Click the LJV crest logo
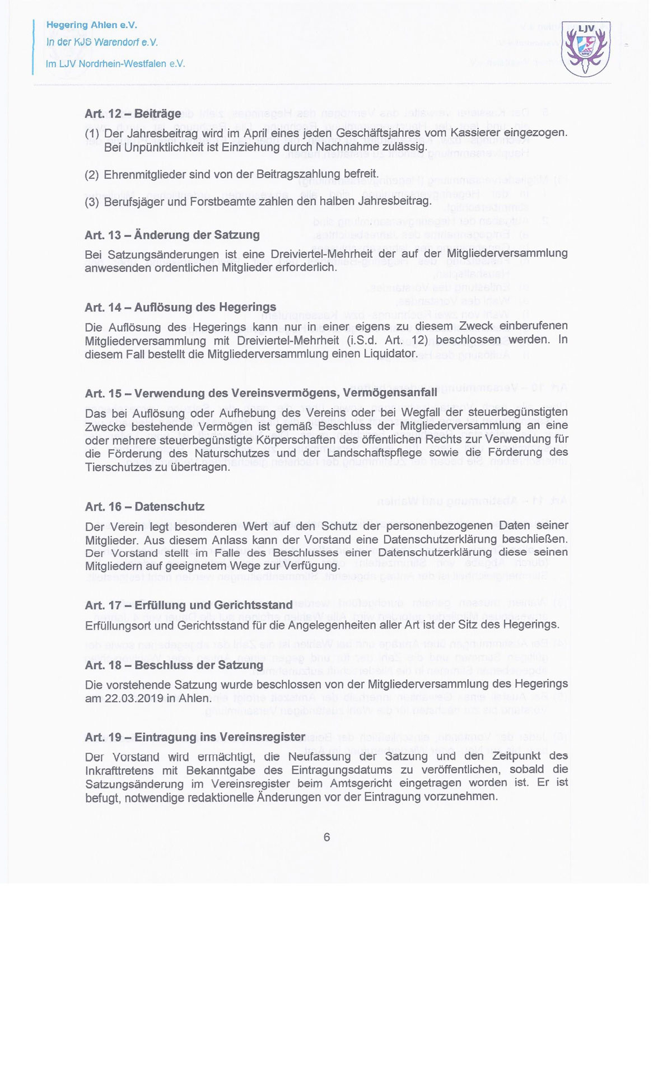click(x=586, y=48)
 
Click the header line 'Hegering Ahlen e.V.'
click(x=92, y=25)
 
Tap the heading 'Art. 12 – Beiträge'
click(x=133, y=114)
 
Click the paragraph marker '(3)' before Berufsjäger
click(x=92, y=202)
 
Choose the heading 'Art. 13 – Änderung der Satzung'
click(x=172, y=235)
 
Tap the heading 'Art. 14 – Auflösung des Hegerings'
click(x=180, y=307)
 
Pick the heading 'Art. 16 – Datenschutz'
click(x=144, y=507)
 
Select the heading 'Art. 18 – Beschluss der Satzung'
click(x=174, y=666)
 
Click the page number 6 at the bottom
click(x=326, y=838)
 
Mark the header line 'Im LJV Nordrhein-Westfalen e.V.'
click(x=115, y=64)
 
